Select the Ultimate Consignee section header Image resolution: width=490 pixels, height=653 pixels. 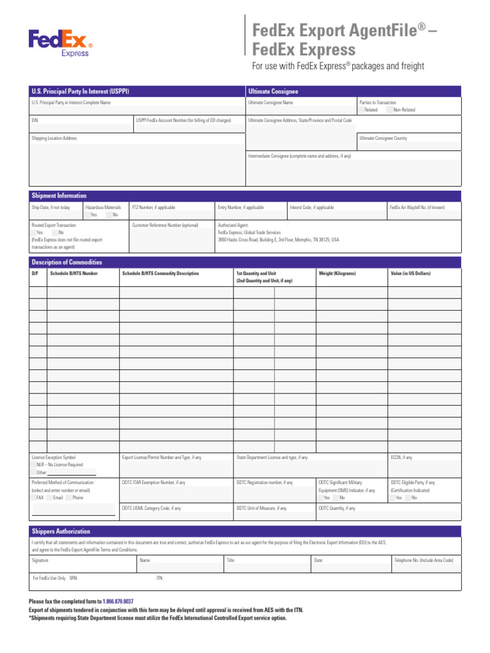click(x=273, y=91)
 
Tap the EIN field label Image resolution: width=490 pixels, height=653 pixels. click(x=35, y=120)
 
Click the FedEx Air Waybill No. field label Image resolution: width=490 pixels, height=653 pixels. click(x=417, y=207)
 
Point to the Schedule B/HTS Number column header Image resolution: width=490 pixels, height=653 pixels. click(x=74, y=274)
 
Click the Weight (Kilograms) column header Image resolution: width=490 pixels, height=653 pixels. click(x=337, y=274)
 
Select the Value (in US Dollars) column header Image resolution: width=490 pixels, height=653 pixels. click(x=410, y=274)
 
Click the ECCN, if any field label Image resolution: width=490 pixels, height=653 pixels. click(x=401, y=457)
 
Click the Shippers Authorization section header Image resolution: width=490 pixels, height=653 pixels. click(x=61, y=531)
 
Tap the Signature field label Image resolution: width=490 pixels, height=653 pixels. click(x=40, y=560)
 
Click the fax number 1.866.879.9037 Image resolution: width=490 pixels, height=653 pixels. click(x=118, y=601)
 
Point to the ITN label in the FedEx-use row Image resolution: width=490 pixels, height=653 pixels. click(x=160, y=578)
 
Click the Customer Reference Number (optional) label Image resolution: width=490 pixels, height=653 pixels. click(x=165, y=225)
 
